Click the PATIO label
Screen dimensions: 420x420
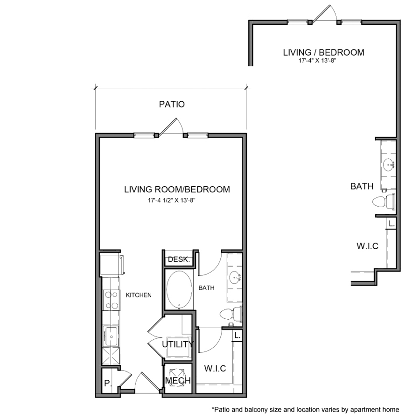coord(172,105)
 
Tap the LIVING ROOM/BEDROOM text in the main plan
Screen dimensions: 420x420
coord(177,189)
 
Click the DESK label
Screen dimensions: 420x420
coord(177,259)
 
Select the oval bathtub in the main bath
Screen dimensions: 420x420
coord(180,289)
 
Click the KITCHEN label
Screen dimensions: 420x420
coord(139,295)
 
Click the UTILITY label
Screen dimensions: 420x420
coord(178,344)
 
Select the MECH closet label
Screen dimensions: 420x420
coord(178,381)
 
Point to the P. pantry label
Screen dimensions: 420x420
coord(108,384)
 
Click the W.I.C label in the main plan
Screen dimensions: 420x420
coord(215,369)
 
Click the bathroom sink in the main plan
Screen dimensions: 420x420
coord(235,278)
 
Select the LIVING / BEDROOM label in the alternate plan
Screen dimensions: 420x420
coord(323,52)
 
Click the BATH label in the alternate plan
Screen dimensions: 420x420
coord(362,187)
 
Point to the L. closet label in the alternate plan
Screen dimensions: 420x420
coord(392,224)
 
